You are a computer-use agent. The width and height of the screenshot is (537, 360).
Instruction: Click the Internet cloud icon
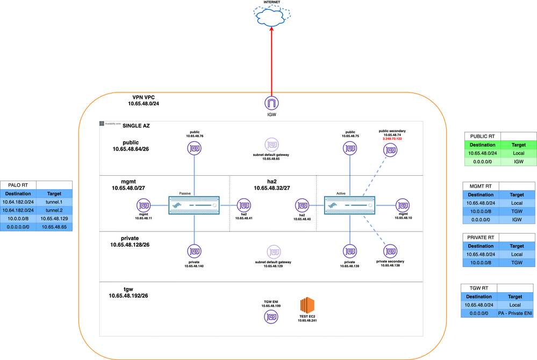pos(271,18)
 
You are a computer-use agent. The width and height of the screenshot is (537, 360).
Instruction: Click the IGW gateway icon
pos(271,103)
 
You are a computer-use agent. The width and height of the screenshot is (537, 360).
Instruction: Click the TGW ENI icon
pos(271,317)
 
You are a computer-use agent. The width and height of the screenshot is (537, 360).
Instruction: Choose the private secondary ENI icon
pos(391,251)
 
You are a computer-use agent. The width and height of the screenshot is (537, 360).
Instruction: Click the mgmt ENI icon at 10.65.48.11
pos(145,205)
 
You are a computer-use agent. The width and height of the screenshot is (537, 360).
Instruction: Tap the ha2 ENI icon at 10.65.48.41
pos(244,205)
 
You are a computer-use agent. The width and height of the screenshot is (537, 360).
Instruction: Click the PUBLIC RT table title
pos(483,136)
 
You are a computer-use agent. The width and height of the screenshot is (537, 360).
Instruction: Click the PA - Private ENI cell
pos(515,313)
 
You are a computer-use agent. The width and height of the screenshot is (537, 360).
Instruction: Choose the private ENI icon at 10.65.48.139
pos(350,251)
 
